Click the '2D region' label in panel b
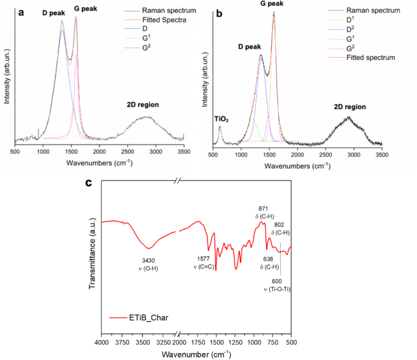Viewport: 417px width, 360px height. coord(350,107)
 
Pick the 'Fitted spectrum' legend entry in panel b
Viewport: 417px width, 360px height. coord(371,58)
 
